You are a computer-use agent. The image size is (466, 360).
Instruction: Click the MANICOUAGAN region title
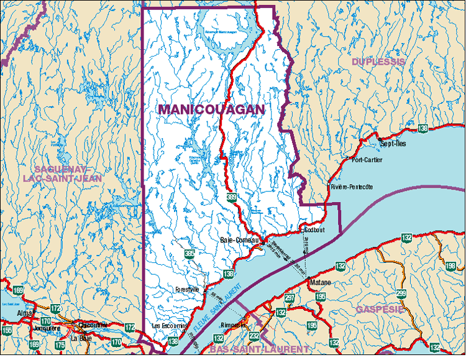(x=211, y=109)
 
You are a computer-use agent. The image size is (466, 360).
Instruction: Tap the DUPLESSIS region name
(x=378, y=62)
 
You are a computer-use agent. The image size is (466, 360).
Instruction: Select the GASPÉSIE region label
(x=379, y=308)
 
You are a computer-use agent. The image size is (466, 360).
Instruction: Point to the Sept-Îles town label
(x=393, y=144)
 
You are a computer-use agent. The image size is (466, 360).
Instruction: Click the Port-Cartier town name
(x=367, y=160)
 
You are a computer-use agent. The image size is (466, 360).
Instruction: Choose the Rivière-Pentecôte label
(x=352, y=187)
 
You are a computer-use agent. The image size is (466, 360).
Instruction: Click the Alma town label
(x=25, y=313)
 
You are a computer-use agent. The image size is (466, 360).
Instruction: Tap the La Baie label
(x=81, y=338)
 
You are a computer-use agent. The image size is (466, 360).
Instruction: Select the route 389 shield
(x=231, y=198)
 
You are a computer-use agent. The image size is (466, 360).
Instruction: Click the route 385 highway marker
(x=189, y=253)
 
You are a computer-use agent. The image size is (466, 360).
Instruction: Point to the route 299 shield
(x=401, y=293)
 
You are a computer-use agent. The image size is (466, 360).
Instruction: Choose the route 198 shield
(x=451, y=266)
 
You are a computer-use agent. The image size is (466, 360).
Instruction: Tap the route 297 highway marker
(x=290, y=298)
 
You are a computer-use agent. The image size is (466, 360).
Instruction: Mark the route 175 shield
(x=60, y=345)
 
